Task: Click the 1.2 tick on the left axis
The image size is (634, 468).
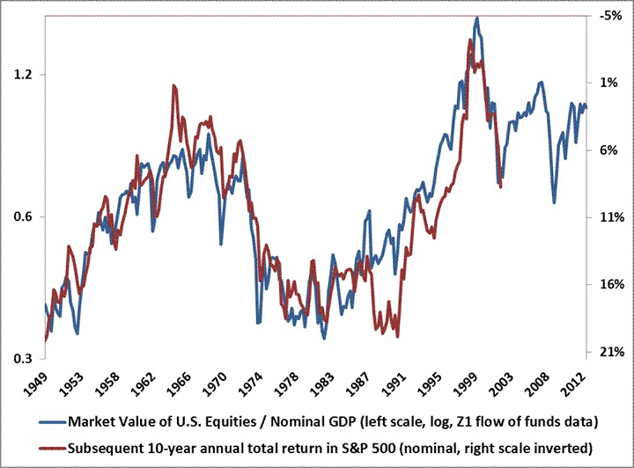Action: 24,75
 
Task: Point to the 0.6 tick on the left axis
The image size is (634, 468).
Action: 24,217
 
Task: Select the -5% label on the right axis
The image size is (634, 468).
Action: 609,16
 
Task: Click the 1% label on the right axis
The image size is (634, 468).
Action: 609,83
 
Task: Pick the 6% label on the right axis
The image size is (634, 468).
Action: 609,150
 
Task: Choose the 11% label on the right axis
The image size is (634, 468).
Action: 609,217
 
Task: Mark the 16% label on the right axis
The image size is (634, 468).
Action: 609,284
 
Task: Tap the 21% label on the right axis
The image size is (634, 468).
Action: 609,352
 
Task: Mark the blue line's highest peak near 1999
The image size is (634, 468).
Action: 476,18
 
